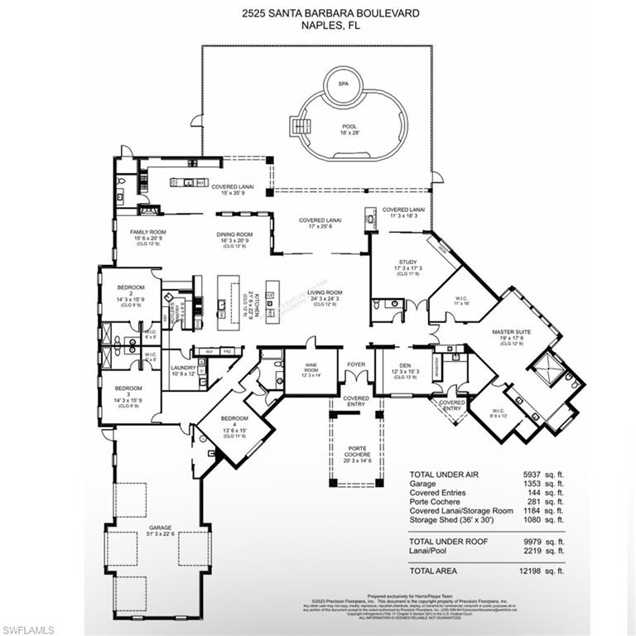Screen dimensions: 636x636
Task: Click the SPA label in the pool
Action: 342,84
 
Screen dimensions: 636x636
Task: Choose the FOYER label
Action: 356,363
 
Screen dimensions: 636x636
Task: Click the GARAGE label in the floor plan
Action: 160,528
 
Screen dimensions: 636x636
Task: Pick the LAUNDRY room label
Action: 182,369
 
